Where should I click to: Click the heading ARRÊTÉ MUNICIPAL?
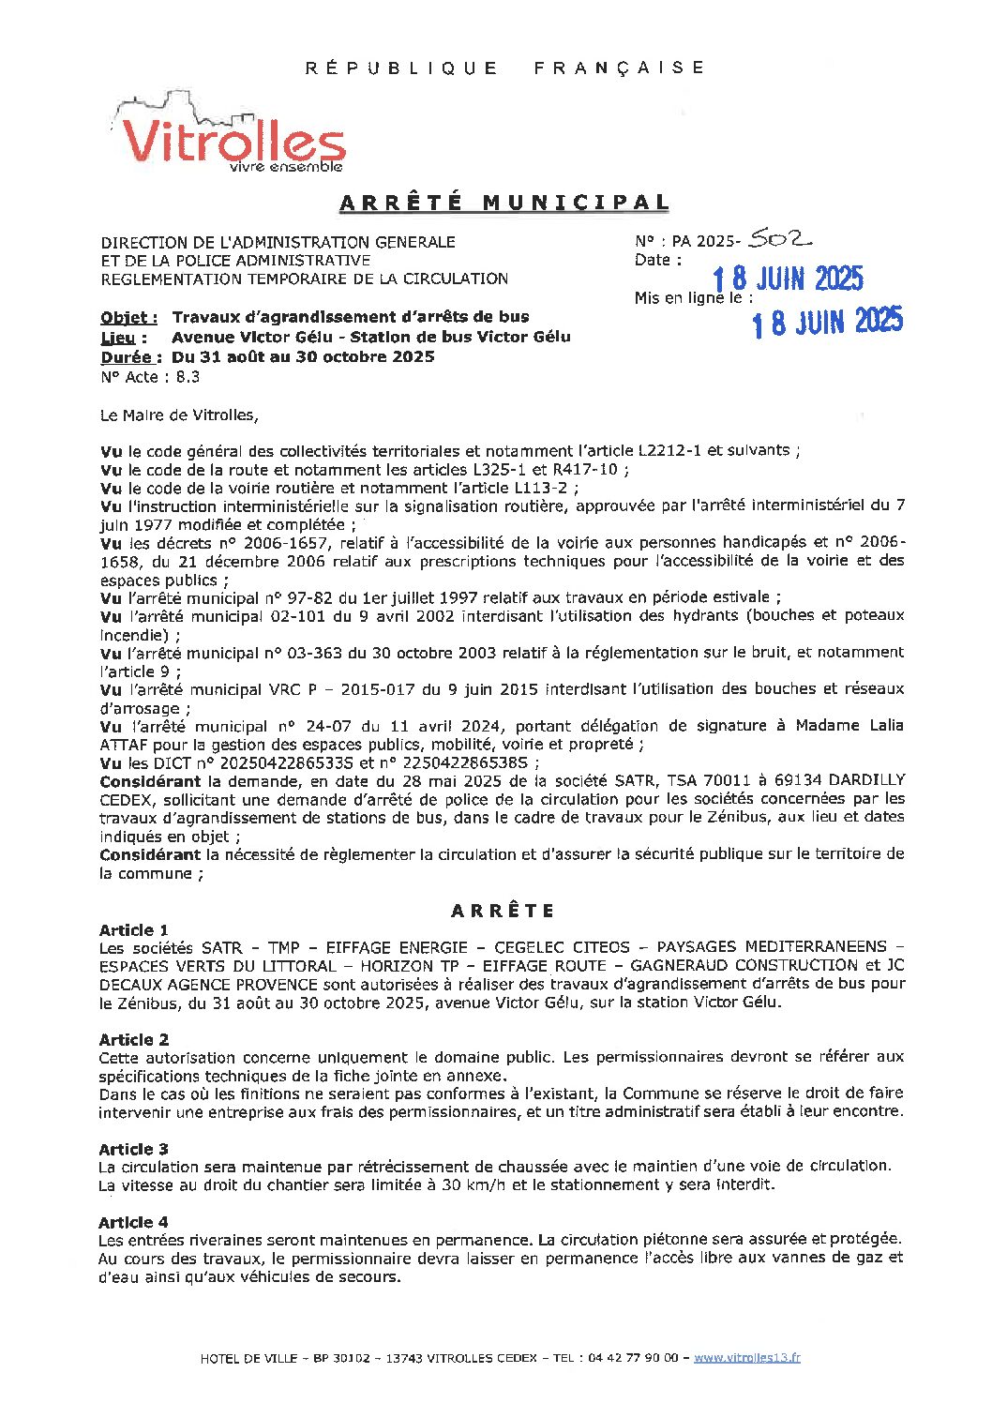pos(504,203)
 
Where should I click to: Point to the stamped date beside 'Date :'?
pos(787,279)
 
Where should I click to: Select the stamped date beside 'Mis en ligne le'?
pos(827,322)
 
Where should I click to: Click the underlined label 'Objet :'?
pos(128,317)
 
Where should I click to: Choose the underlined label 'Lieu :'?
pos(124,337)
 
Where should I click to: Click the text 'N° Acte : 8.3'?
pos(149,377)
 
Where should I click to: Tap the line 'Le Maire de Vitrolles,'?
pos(178,414)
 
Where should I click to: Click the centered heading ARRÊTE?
pos(503,911)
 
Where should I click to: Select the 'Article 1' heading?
pos(134,929)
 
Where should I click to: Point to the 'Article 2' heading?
pos(134,1039)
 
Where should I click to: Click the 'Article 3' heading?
pos(134,1149)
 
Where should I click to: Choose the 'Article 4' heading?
pos(134,1222)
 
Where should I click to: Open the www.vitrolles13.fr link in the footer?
pos(746,1357)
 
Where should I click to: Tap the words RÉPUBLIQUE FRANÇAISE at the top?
pos(504,68)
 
